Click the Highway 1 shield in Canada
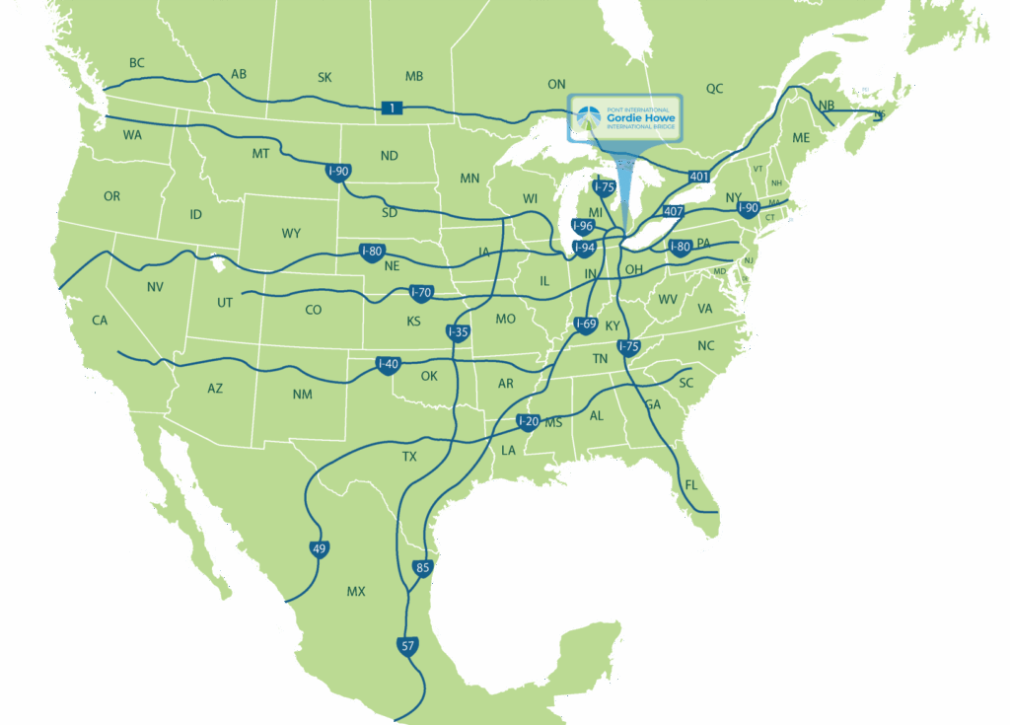tap(392, 108)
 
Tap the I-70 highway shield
tap(421, 293)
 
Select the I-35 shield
tap(458, 332)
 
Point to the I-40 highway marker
tap(388, 365)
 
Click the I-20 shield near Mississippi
tap(529, 423)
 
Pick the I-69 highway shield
tap(585, 325)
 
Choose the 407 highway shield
tap(674, 212)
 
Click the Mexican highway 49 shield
tap(318, 549)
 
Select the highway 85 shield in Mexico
tap(422, 568)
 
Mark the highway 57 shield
tap(407, 646)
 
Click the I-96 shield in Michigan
tap(582, 227)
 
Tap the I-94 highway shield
tap(584, 248)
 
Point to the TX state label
tap(409, 457)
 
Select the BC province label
tap(136, 63)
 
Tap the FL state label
tap(690, 484)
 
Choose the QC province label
tap(714, 89)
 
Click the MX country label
tap(356, 592)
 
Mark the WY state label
tap(291, 234)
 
